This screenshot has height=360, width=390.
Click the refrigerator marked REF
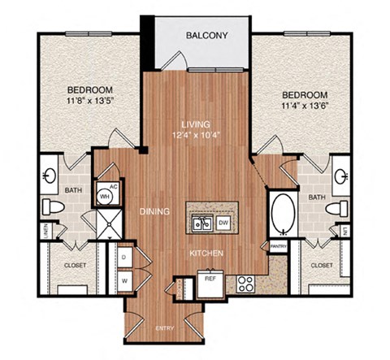click(x=210, y=279)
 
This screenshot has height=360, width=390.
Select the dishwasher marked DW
click(x=224, y=221)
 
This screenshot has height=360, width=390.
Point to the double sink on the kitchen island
click(x=201, y=223)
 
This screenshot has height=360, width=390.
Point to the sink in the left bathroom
click(x=47, y=173)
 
